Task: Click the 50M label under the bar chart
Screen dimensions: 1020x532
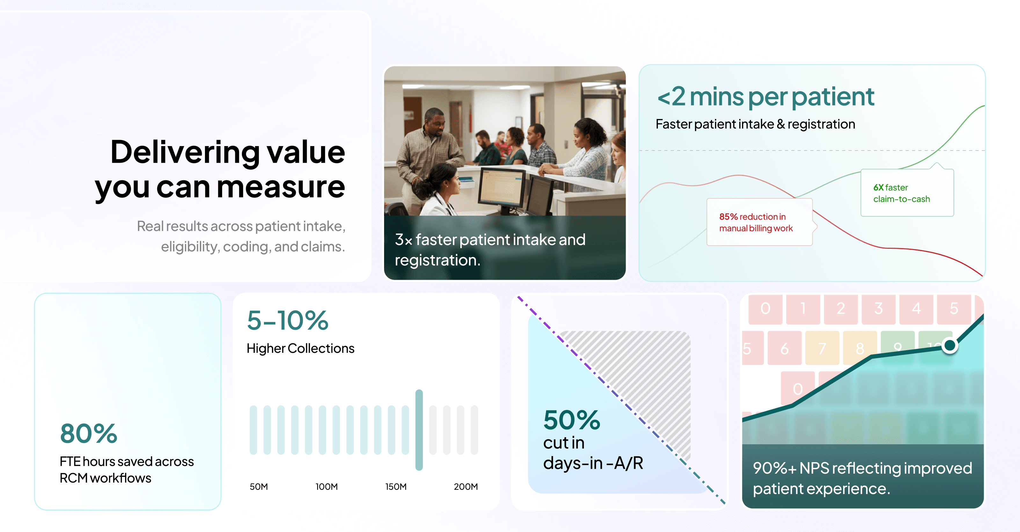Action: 259,486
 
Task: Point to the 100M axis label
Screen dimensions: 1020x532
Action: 327,486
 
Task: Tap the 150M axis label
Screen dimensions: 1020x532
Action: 396,486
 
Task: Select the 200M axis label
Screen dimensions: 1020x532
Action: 466,486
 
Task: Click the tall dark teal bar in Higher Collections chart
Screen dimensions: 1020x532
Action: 419,430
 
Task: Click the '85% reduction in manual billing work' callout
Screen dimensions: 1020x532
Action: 760,222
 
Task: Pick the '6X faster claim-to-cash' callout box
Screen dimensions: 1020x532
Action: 907,193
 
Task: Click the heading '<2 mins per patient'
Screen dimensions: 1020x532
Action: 765,97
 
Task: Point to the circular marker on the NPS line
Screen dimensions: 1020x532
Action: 950,345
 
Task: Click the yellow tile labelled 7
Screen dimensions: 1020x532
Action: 822,348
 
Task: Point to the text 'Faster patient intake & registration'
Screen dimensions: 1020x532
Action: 755,124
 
